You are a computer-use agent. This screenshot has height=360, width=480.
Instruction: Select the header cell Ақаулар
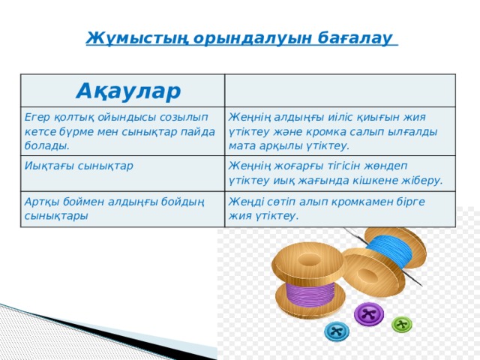[x=128, y=91]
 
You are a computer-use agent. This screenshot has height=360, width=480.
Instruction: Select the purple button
[x=367, y=314]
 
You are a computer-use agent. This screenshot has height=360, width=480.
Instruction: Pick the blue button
[x=337, y=331]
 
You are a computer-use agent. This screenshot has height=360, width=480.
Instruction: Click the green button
[x=403, y=325]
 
